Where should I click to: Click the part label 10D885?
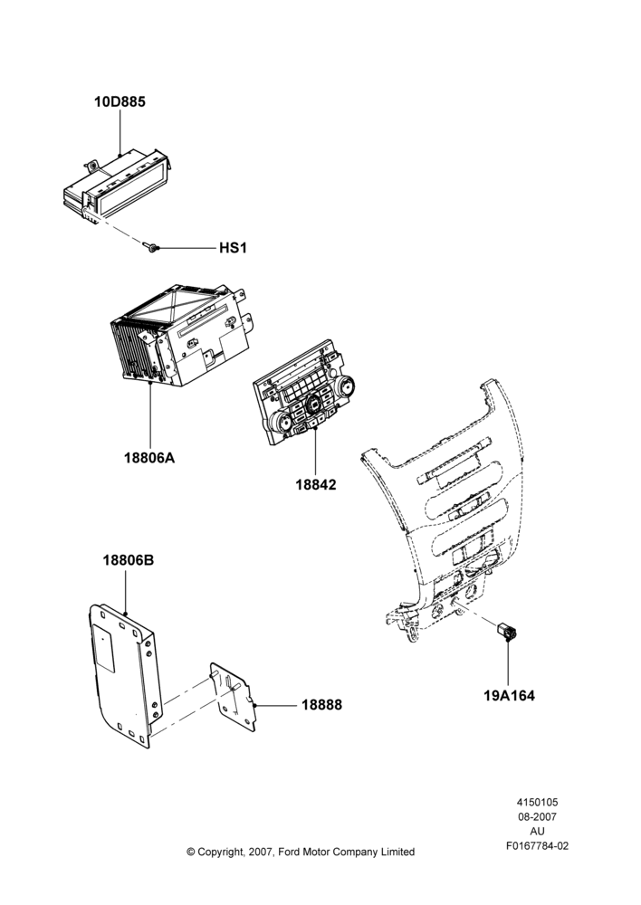[x=120, y=101]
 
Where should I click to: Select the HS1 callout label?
[x=233, y=248]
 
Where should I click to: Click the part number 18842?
[x=316, y=485]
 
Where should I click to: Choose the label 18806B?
[x=129, y=560]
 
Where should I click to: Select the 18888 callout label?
[x=321, y=705]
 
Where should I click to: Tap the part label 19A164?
[x=509, y=695]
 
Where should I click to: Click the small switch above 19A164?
[x=507, y=632]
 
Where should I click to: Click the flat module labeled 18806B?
[x=122, y=675]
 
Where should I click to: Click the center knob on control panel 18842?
[x=315, y=404]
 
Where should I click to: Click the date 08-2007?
[x=537, y=816]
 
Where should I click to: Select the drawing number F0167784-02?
[x=537, y=846]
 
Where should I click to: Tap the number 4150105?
[x=537, y=802]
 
